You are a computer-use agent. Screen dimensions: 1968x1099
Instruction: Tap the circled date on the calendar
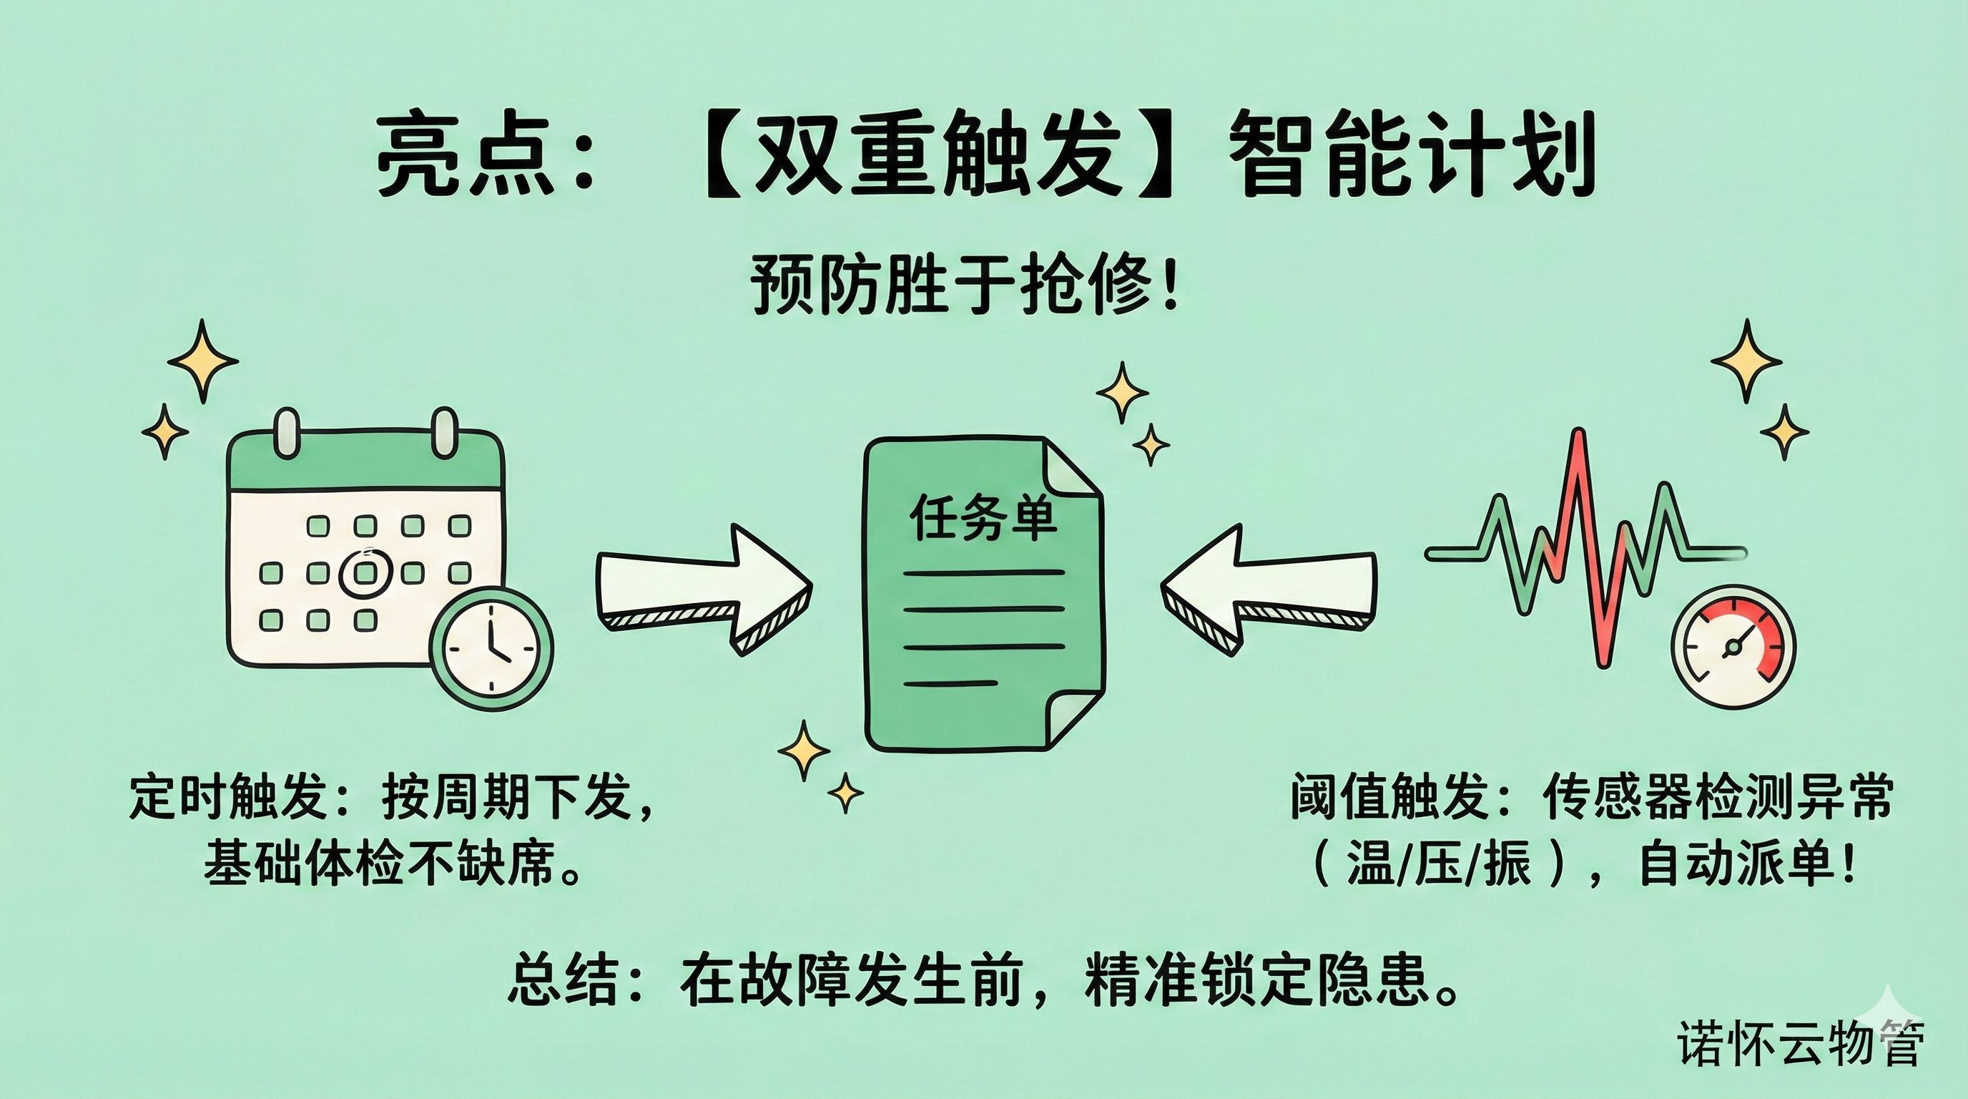click(x=365, y=572)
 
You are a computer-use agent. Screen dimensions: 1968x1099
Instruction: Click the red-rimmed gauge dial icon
click(x=1733, y=647)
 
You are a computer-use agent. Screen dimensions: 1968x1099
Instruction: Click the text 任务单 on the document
click(x=983, y=519)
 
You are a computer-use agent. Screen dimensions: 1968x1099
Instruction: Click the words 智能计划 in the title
click(x=1413, y=162)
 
